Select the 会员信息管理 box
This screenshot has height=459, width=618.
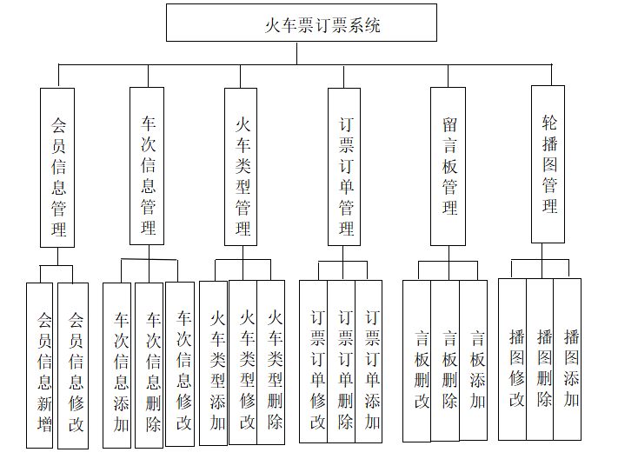[58, 167]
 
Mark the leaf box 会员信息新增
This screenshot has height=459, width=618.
[40, 366]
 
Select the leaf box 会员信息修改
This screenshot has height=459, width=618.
[74, 366]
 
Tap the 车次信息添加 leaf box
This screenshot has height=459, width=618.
[117, 366]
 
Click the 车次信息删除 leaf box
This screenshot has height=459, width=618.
[150, 366]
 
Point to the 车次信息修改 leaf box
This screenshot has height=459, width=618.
[181, 364]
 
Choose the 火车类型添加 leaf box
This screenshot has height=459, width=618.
[214, 363]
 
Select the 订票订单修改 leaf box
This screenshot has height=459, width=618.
[314, 362]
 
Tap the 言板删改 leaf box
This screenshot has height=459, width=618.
[417, 362]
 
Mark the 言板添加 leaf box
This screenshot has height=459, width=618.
[474, 360]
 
